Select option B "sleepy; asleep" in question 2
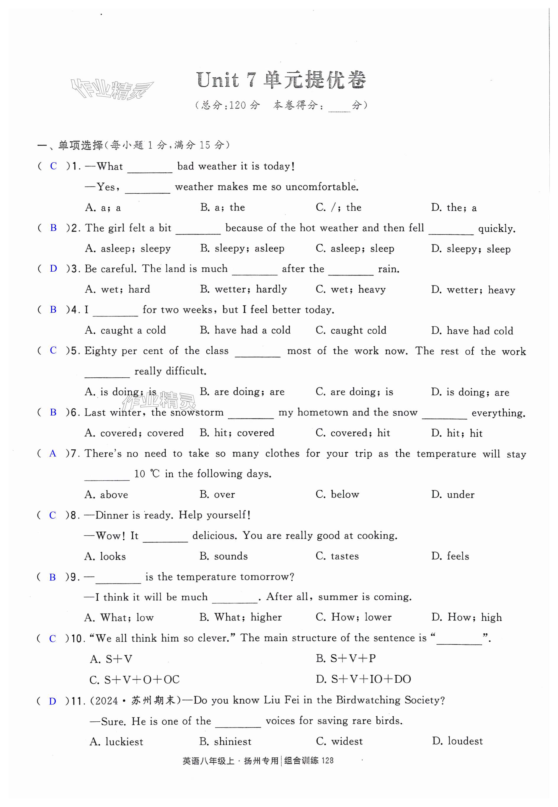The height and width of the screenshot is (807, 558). click(x=242, y=248)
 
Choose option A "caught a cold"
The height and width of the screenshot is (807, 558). click(x=125, y=330)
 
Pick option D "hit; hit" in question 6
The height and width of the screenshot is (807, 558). click(x=457, y=433)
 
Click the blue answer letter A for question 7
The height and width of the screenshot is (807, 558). click(x=53, y=454)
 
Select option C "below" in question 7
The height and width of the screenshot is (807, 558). click(x=337, y=494)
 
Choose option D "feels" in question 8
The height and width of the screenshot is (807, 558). click(x=450, y=556)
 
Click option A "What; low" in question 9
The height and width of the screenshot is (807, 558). click(x=119, y=617)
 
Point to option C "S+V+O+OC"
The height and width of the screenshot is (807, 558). click(x=135, y=679)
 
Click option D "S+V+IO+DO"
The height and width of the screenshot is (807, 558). click(x=363, y=679)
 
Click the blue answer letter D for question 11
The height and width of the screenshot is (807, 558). click(x=53, y=701)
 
